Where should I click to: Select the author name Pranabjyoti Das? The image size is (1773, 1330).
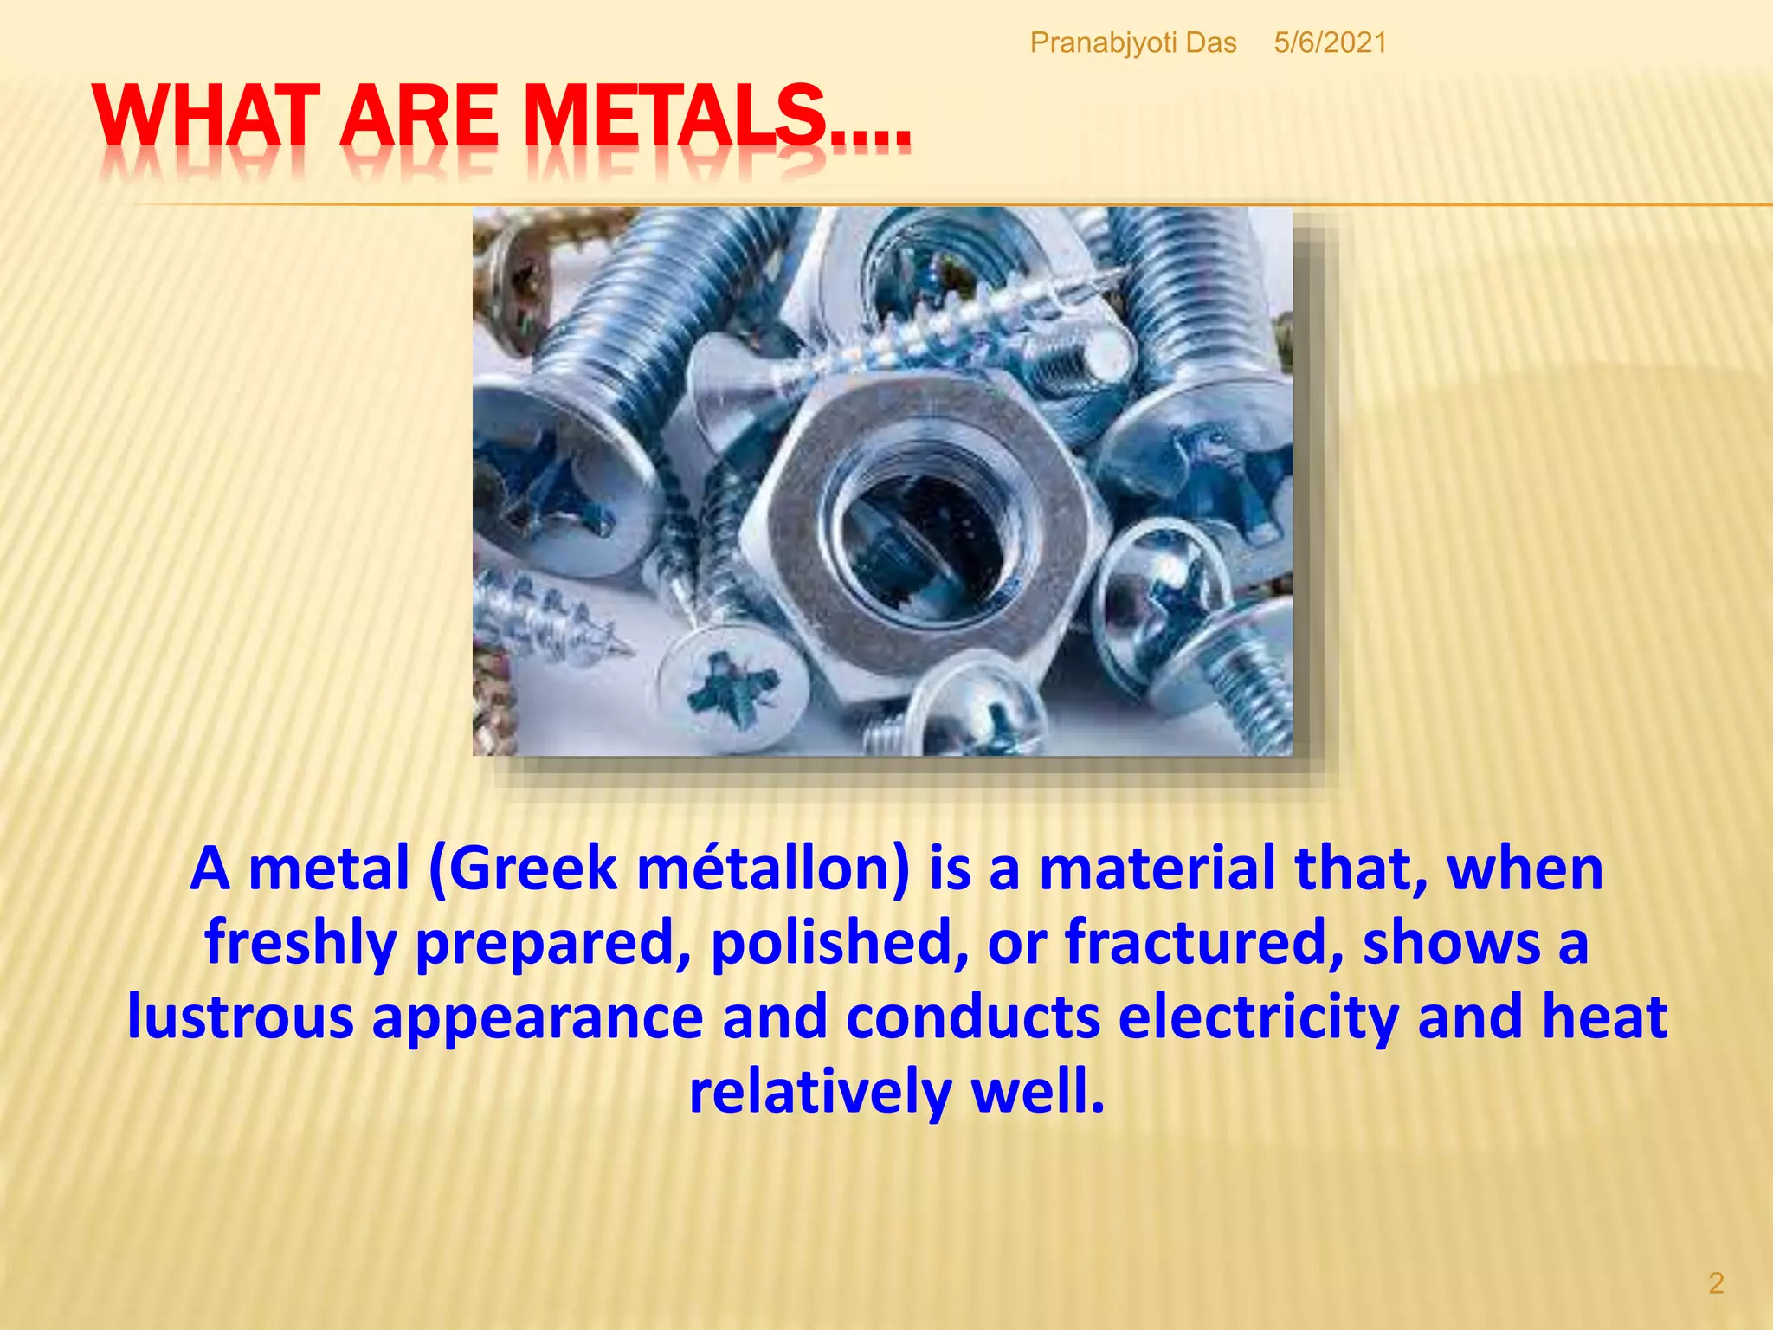[1132, 42]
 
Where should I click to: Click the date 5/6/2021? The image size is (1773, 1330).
[1330, 42]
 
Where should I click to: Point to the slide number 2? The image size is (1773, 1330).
[1716, 1282]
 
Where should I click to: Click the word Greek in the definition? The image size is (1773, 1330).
[532, 868]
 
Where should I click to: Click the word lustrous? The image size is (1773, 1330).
[240, 1017]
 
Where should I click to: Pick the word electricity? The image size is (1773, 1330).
[1258, 1017]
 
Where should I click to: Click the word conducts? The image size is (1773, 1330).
[973, 1017]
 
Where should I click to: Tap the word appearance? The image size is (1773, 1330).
[538, 1017]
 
